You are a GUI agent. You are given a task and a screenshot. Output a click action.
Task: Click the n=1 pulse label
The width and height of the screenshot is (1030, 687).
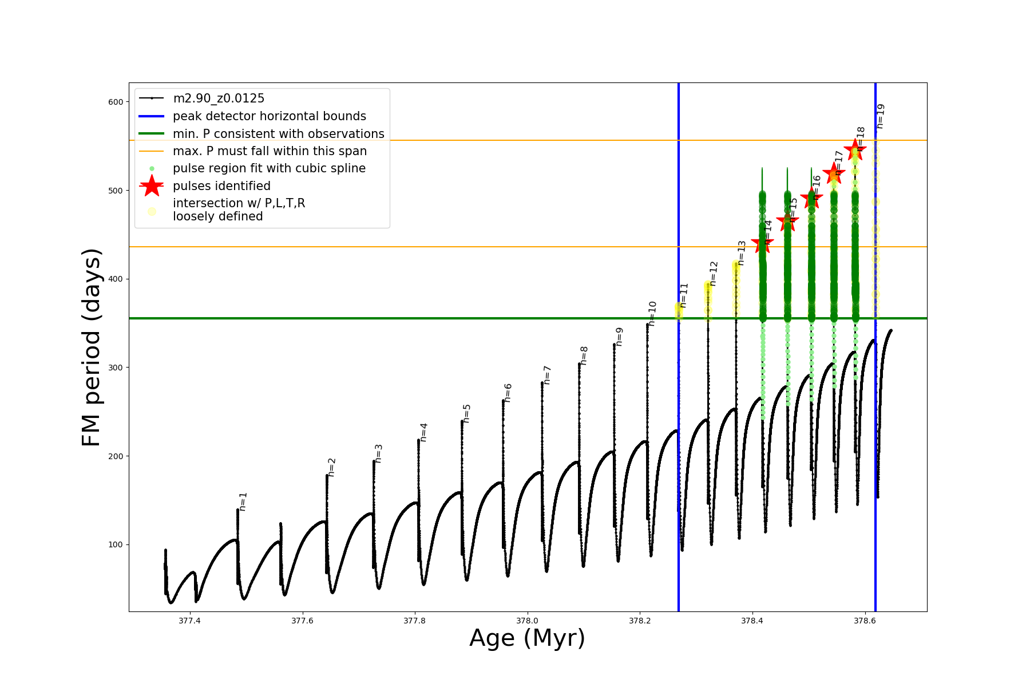243,502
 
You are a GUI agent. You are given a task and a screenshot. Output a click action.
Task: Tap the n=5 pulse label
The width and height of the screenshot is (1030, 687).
467,413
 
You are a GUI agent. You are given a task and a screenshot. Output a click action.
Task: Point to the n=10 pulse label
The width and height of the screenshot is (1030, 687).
652,314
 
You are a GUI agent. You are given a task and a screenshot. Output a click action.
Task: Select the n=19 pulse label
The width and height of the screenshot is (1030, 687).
881,116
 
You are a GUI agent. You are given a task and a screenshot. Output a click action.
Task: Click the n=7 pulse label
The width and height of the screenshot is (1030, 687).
547,375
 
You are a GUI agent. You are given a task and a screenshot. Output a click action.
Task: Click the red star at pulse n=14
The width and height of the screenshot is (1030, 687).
762,244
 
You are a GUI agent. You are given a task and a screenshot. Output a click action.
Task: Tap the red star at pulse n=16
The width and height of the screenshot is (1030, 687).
811,199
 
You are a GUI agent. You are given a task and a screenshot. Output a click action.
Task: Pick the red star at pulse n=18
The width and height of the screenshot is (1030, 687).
855,149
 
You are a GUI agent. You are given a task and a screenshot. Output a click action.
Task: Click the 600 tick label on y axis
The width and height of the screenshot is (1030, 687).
116,102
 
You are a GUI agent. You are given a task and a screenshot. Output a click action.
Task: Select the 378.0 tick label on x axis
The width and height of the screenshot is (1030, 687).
527,621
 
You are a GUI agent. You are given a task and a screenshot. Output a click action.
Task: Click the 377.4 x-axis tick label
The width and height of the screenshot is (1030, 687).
189,621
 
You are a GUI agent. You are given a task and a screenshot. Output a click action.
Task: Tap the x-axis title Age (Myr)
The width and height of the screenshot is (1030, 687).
527,638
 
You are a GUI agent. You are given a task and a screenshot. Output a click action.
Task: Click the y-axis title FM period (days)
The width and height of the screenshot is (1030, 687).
92,348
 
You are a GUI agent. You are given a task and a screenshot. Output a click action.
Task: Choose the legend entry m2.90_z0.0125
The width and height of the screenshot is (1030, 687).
219,98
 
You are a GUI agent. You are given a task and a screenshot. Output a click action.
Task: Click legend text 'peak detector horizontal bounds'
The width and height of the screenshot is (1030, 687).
270,116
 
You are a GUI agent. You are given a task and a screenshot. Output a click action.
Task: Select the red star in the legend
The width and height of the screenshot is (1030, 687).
152,185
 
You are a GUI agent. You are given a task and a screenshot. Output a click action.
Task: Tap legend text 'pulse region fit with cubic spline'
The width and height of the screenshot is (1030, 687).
269,168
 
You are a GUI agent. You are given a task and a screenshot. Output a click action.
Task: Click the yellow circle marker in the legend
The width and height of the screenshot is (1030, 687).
152,211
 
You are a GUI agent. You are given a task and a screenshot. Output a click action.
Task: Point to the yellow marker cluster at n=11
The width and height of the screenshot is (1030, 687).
679,311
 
